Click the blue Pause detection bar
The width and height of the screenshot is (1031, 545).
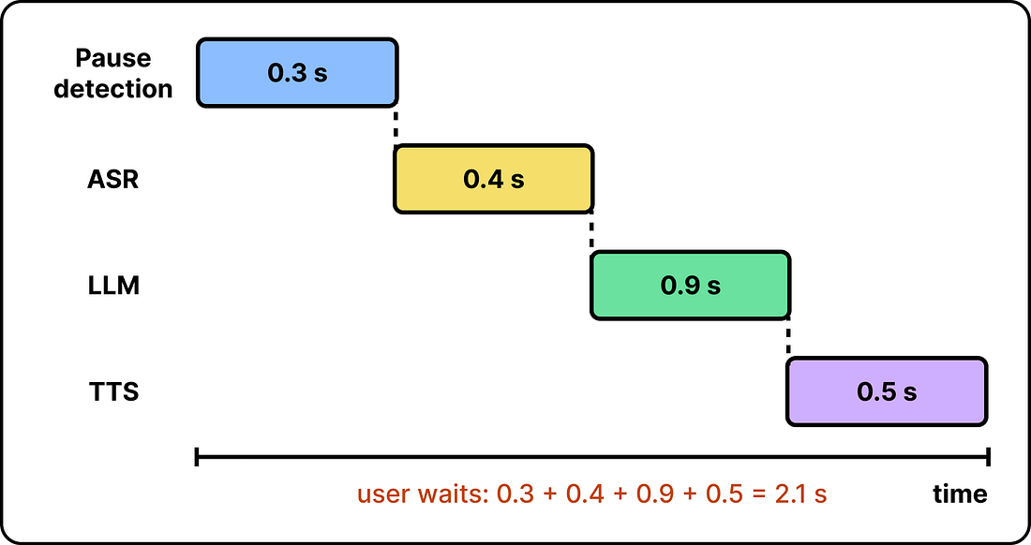click(297, 73)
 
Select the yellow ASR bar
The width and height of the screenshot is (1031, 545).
click(494, 179)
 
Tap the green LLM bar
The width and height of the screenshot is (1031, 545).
click(691, 286)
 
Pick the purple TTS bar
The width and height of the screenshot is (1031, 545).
click(887, 392)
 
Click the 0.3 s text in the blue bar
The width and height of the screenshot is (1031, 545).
click(297, 73)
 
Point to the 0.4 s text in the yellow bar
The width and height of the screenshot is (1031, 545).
click(494, 179)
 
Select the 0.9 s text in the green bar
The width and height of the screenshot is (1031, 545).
click(691, 286)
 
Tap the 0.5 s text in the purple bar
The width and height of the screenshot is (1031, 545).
click(887, 392)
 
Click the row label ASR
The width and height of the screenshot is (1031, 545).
click(113, 179)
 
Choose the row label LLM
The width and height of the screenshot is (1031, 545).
click(113, 286)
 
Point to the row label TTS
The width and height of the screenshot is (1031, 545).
click(113, 392)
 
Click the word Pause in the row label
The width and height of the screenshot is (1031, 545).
click(113, 58)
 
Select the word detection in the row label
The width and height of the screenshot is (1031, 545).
click(113, 89)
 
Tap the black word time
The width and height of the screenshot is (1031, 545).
click(960, 493)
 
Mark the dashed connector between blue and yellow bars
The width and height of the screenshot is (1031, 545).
click(396, 126)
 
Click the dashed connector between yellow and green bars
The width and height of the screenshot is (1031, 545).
click(591, 232)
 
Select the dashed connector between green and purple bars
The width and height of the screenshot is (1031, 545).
click(788, 339)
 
